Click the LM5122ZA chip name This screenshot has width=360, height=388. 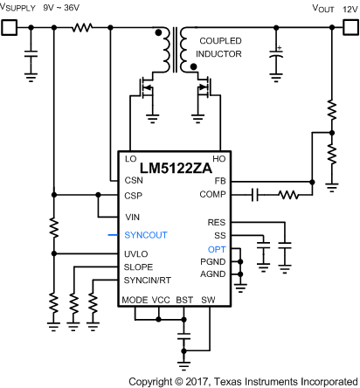pyautogui.click(x=172, y=167)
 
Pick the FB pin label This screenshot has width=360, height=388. pyautogui.click(x=219, y=181)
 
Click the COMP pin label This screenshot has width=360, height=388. pyautogui.click(x=214, y=194)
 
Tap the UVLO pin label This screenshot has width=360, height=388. pyautogui.click(x=138, y=253)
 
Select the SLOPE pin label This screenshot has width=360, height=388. pyautogui.click(x=140, y=267)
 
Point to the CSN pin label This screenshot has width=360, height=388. pyautogui.click(x=134, y=179)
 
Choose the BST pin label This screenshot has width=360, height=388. pyautogui.click(x=183, y=298)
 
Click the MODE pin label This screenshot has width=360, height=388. pyautogui.click(x=135, y=298)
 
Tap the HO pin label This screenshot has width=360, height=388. pyautogui.click(x=218, y=159)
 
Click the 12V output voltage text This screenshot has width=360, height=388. pyautogui.click(x=348, y=8)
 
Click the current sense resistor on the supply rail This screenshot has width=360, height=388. pyautogui.click(x=82, y=27)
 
